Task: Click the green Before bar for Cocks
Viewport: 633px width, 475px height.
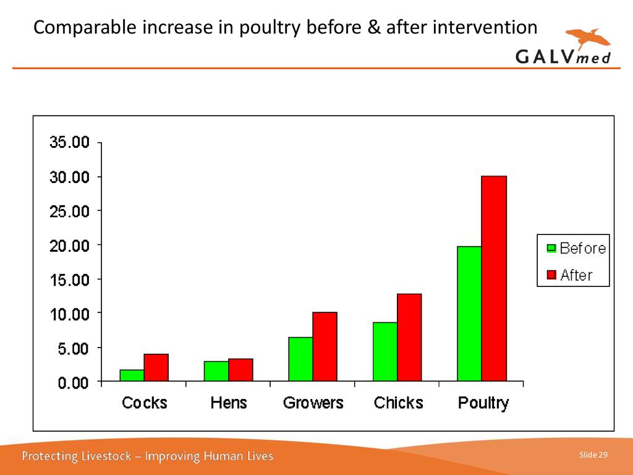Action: [132, 375]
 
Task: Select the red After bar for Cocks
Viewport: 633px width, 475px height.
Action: [156, 367]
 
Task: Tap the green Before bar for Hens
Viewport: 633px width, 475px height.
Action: [216, 371]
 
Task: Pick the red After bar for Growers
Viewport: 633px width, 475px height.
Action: [325, 346]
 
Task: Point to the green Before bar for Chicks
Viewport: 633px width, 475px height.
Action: [384, 351]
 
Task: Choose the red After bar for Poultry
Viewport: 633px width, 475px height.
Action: [494, 278]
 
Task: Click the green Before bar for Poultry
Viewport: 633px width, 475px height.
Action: [469, 313]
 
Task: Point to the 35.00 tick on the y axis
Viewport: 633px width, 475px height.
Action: [69, 142]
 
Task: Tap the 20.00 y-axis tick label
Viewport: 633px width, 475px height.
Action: [69, 246]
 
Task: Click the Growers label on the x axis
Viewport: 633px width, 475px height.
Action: [313, 403]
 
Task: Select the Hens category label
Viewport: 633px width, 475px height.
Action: [228, 403]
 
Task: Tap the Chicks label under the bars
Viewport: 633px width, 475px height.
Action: [399, 403]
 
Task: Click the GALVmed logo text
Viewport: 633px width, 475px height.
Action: [563, 56]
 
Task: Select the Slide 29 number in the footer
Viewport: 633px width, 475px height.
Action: [593, 456]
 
